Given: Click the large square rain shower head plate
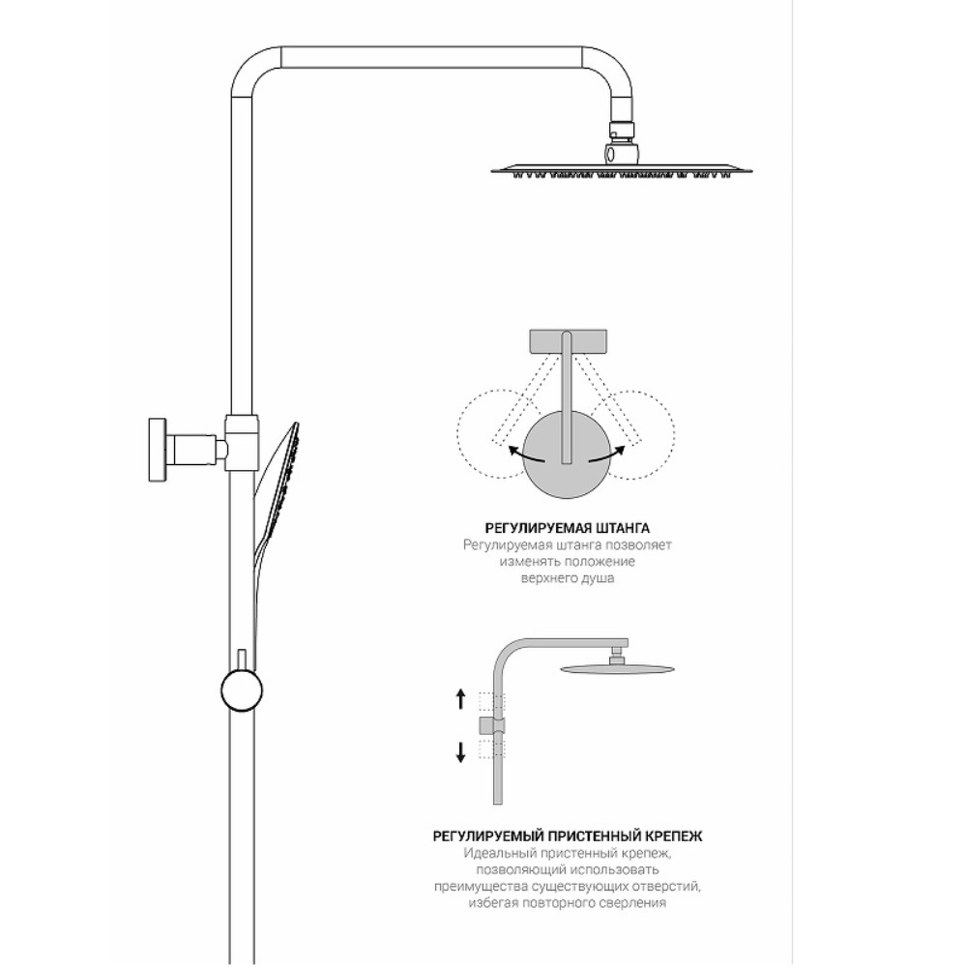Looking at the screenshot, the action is point(622,169).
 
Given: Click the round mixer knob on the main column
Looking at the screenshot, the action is point(241,691).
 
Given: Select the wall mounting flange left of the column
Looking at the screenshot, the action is point(158,450).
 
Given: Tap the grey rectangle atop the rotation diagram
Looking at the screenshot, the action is point(569,342).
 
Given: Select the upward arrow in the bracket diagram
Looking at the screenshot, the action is point(460,699).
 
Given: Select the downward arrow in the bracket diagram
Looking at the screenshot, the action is point(460,752).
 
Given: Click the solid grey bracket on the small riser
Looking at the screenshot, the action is point(491,726).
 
